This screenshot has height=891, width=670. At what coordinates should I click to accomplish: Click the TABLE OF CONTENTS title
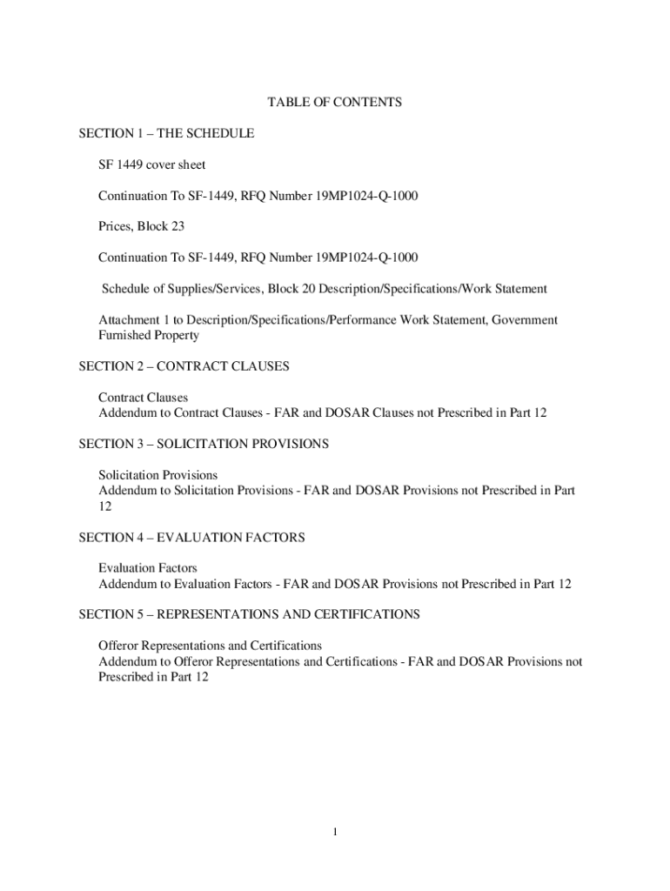pos(334,103)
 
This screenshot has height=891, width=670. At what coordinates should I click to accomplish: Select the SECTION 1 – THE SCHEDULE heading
pos(166,134)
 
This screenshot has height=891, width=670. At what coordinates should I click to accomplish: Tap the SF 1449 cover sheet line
pos(151,164)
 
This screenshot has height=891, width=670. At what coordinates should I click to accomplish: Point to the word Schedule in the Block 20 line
pos(130,289)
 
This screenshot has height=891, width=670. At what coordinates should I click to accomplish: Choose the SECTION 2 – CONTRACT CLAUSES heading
pos(184,366)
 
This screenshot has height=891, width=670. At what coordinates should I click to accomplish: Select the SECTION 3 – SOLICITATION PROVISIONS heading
pos(204,444)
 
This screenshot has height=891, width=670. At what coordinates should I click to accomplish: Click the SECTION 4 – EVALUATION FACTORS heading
pos(191,538)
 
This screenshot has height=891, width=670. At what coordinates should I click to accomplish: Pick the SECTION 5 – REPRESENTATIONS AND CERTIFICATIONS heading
pos(249,614)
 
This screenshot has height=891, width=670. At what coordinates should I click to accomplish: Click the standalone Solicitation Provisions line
pos(157,475)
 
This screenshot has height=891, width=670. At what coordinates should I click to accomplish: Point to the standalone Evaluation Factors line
pos(148,568)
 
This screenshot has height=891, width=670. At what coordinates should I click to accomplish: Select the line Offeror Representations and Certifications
pos(210,646)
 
